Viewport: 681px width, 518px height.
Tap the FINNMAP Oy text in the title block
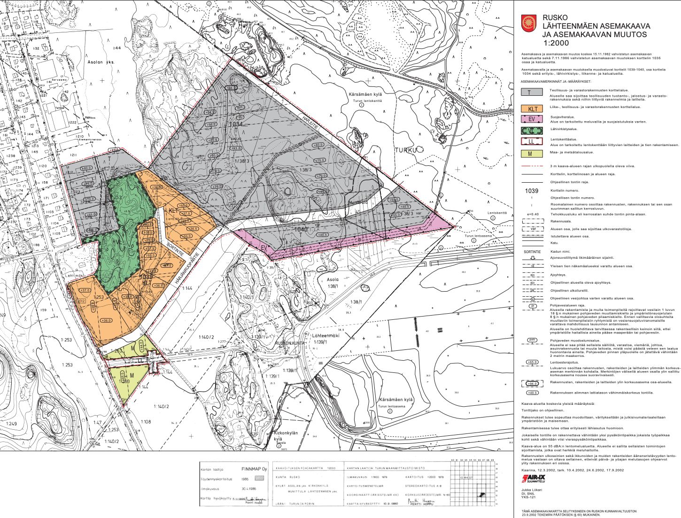254,469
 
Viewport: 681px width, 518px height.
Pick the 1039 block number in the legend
532,191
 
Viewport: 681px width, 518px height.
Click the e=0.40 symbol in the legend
532,214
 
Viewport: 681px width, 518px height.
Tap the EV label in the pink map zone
264,247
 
